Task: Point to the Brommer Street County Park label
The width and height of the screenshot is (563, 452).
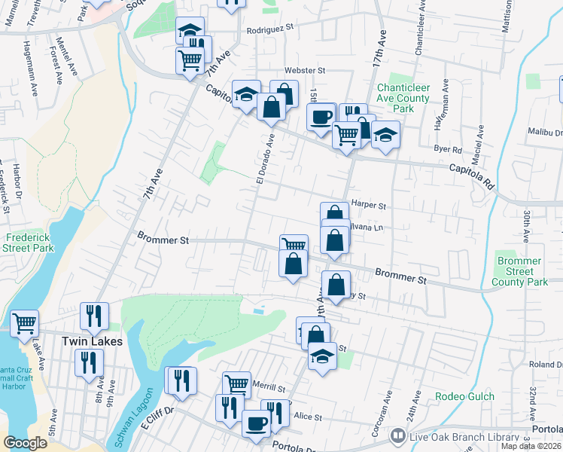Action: [x=519, y=271]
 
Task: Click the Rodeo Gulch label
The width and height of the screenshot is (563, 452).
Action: [x=465, y=396]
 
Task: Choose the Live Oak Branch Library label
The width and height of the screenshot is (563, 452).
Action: [x=464, y=437]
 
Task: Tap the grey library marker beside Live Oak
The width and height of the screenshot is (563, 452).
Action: [x=397, y=436]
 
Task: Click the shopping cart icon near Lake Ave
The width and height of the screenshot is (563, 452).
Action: [x=25, y=322]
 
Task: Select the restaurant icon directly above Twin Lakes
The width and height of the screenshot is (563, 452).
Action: [x=94, y=315]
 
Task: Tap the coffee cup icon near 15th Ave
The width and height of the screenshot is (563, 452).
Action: [x=321, y=117]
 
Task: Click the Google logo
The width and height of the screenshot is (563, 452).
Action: [x=26, y=443]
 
